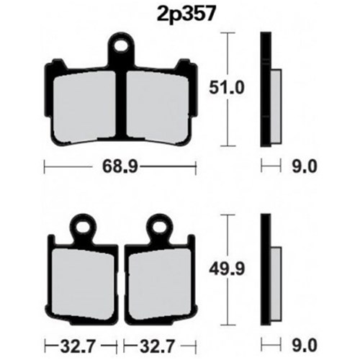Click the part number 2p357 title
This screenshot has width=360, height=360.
tap(185, 14)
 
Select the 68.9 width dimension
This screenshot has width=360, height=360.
tap(120, 166)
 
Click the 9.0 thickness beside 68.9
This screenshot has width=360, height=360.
tap(305, 166)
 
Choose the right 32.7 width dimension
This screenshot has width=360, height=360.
tap(156, 346)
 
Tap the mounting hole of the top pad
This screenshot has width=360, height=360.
tap(121, 47)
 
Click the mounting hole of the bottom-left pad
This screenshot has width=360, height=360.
tap(83, 226)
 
